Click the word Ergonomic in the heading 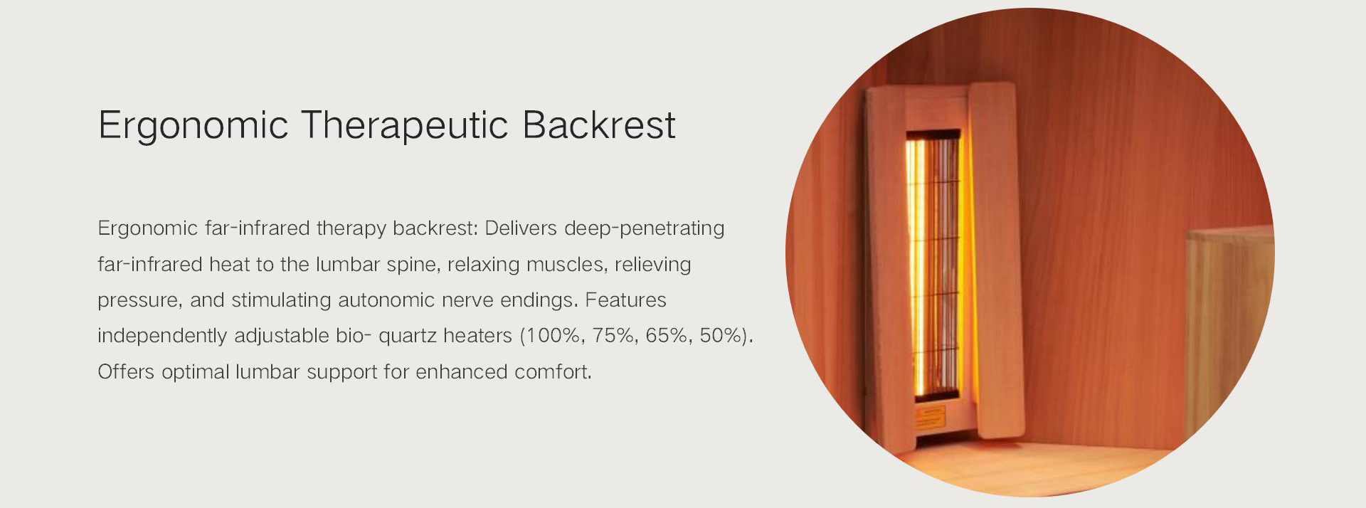(193, 126)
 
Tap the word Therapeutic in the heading (404, 126)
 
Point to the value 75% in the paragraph (613, 336)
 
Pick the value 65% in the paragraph (667, 336)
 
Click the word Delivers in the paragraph (520, 228)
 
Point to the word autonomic (386, 300)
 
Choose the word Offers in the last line (126, 372)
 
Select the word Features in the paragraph (625, 300)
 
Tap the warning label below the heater (929, 416)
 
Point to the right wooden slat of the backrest (996, 260)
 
